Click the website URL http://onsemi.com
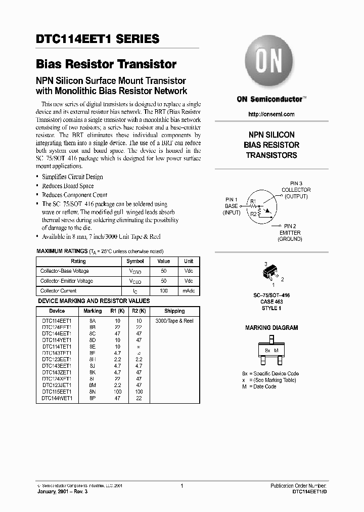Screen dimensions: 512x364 tap(271, 114)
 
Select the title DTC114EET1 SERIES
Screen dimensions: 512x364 tap(98, 39)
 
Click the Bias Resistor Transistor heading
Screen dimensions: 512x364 tap(106, 65)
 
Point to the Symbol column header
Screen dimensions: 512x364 tap(135, 261)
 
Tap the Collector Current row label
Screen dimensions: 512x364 tap(59, 291)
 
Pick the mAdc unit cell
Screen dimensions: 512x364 tap(189, 291)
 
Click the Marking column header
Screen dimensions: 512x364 tap(93, 311)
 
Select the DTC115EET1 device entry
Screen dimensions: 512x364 tap(57, 392)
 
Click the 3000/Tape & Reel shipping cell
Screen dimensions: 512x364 tap(174, 321)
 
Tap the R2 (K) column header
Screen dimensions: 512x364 tap(139, 311)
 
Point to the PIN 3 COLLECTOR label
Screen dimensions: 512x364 tap(296, 190)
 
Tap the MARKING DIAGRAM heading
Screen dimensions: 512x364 tap(271, 328)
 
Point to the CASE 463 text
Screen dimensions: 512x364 tap(271, 302)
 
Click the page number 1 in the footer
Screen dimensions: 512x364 tap(181, 486)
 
